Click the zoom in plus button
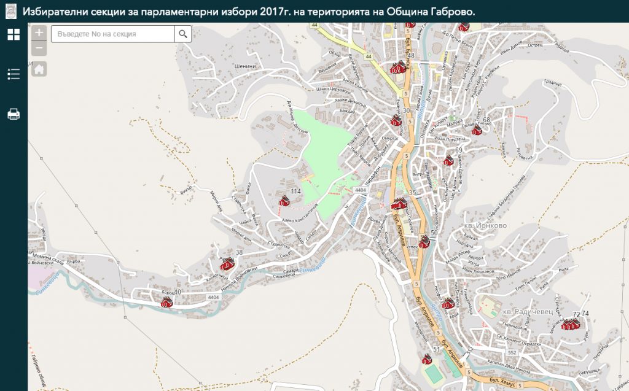pyautogui.click(x=39, y=33)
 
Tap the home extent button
pyautogui.click(x=39, y=69)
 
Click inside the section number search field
pyautogui.click(x=114, y=34)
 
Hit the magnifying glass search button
pyautogui.click(x=183, y=34)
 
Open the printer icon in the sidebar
pyautogui.click(x=14, y=114)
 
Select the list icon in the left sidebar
pyautogui.click(x=14, y=74)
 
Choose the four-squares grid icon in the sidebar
pyautogui.click(x=14, y=34)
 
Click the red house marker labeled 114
pyautogui.click(x=283, y=200)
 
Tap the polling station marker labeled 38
pyautogui.click(x=227, y=264)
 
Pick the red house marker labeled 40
pyautogui.click(x=166, y=301)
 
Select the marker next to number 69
pyautogui.click(x=449, y=161)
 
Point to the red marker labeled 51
pyautogui.click(x=426, y=358)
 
